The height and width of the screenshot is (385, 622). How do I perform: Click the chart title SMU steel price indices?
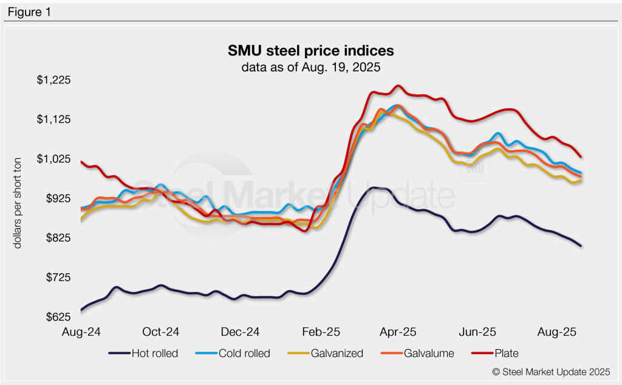pyautogui.click(x=310, y=50)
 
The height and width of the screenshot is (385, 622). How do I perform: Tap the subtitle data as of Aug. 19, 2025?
pyautogui.click(x=310, y=67)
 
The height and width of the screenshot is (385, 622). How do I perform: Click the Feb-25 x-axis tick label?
pyautogui.click(x=320, y=332)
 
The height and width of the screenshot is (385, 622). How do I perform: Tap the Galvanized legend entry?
pyautogui.click(x=328, y=353)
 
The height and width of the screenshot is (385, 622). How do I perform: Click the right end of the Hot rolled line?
pyautogui.click(x=581, y=246)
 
